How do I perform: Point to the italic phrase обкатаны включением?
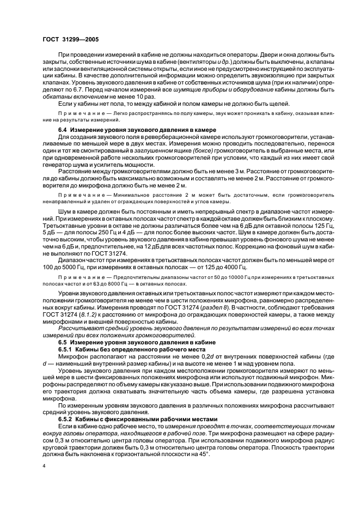pos(73,96)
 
